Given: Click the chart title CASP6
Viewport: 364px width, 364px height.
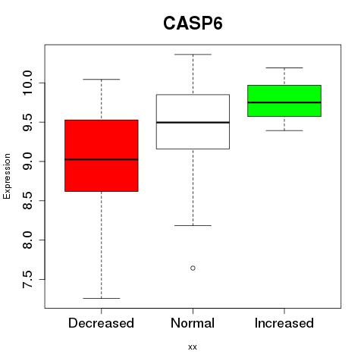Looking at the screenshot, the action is click(193, 24).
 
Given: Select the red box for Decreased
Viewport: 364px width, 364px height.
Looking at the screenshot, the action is click(102, 155).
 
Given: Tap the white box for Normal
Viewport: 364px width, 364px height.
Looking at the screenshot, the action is click(193, 121).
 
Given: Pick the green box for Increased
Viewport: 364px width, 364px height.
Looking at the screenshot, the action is click(284, 101).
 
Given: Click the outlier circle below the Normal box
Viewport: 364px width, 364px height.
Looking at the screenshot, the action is click(193, 268).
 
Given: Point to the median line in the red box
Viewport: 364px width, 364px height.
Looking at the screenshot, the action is click(102, 159).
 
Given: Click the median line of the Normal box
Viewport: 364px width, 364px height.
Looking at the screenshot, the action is click(193, 122).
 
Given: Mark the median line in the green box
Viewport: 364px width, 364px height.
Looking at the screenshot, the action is click(284, 102).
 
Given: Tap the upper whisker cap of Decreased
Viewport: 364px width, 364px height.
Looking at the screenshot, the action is click(102, 80).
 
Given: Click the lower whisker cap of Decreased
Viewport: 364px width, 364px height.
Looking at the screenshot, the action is click(102, 298).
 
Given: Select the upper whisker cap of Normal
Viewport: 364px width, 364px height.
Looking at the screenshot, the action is click(193, 55).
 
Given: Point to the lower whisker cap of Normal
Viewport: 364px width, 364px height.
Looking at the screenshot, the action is click(193, 225).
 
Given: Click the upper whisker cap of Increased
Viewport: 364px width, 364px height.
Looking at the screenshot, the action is click(284, 67).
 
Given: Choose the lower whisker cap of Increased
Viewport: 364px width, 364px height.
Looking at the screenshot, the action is click(284, 130).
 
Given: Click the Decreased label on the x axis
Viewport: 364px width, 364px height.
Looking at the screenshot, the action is click(101, 323).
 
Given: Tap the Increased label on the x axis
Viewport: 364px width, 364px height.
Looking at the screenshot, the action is click(284, 323).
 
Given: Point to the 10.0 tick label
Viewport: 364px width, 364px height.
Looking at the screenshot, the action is click(27, 83).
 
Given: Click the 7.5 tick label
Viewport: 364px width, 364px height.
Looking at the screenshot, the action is click(27, 279).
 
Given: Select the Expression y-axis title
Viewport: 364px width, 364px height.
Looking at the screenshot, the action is click(7, 176).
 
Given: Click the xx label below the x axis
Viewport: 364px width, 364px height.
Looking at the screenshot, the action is click(193, 347).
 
